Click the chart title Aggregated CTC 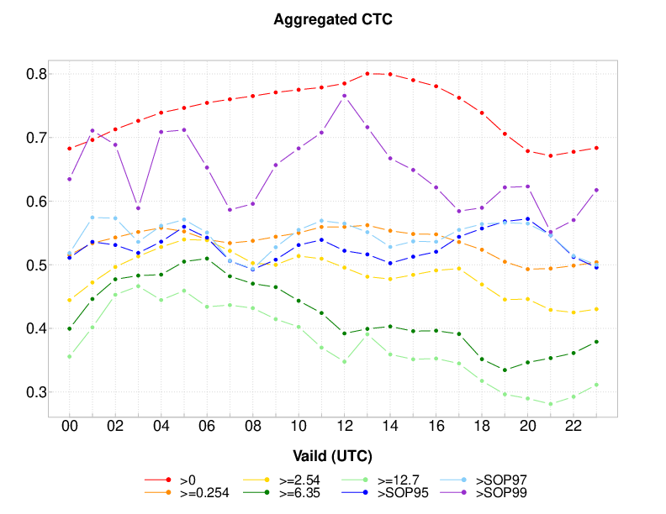tap(333, 19)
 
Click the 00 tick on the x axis tap(70, 427)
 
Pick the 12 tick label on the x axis tap(345, 427)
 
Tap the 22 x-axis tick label tap(573, 427)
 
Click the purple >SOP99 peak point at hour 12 tap(345, 96)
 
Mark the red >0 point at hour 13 tap(367, 74)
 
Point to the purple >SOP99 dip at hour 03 tap(138, 208)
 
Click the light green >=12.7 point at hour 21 tap(551, 404)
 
